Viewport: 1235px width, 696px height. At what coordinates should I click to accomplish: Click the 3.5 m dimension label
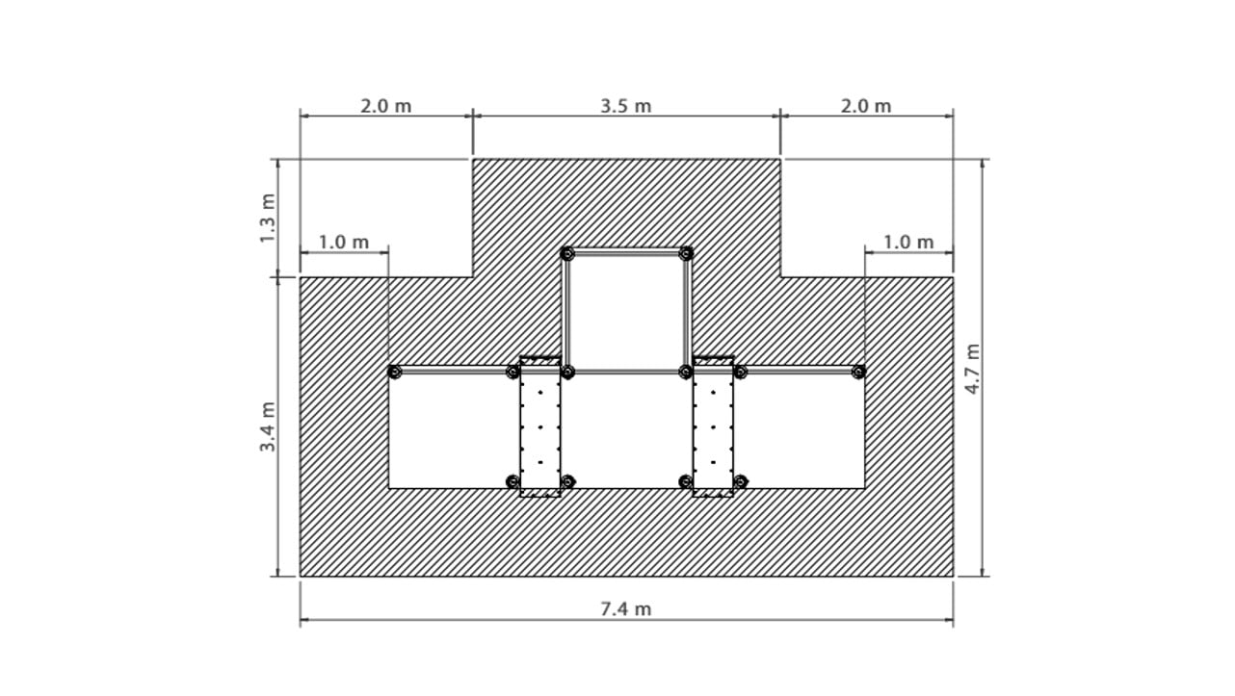click(x=626, y=106)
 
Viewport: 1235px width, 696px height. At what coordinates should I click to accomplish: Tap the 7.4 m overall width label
click(x=626, y=609)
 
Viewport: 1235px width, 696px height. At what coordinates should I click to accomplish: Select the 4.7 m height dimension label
click(x=973, y=369)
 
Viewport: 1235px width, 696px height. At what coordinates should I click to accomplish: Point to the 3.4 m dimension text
click(x=268, y=426)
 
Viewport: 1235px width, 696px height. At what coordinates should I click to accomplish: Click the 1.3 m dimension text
click(x=268, y=219)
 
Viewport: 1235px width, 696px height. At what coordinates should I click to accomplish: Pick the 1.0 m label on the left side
click(x=344, y=242)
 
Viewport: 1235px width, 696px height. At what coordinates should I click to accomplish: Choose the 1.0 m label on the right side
click(x=908, y=242)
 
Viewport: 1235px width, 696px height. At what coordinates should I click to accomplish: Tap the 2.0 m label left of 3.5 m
click(x=386, y=106)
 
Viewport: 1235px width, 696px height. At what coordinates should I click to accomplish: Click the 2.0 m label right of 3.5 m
click(x=866, y=106)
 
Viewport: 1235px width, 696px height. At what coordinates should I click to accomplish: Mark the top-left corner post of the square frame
click(x=567, y=253)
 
